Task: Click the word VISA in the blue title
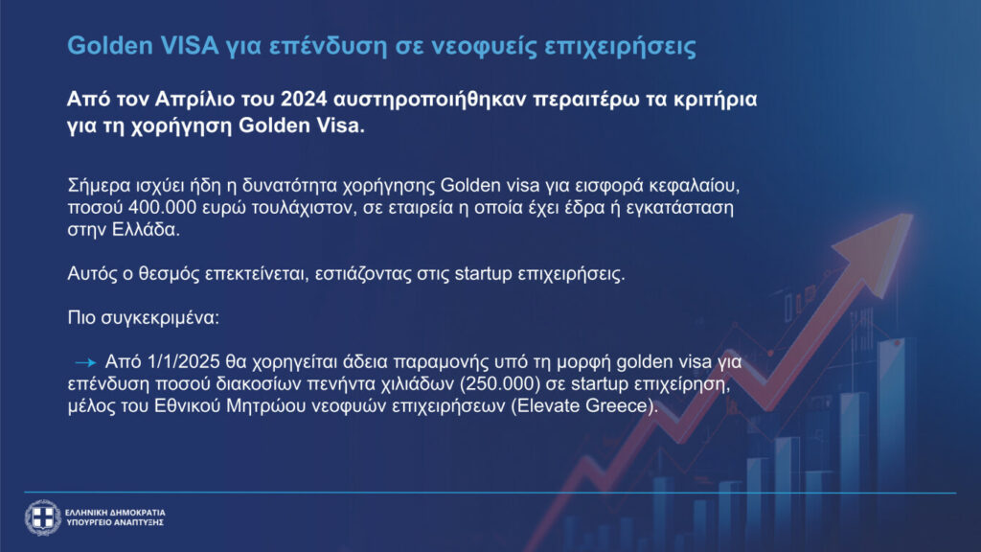click(190, 46)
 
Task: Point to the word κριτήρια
click(715, 100)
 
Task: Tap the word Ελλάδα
click(146, 229)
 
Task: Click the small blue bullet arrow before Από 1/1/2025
click(85, 362)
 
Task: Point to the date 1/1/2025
click(184, 361)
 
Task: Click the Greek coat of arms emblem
click(42, 517)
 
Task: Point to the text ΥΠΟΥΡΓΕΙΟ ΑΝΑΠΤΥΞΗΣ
click(115, 522)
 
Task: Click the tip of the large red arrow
click(912, 216)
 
